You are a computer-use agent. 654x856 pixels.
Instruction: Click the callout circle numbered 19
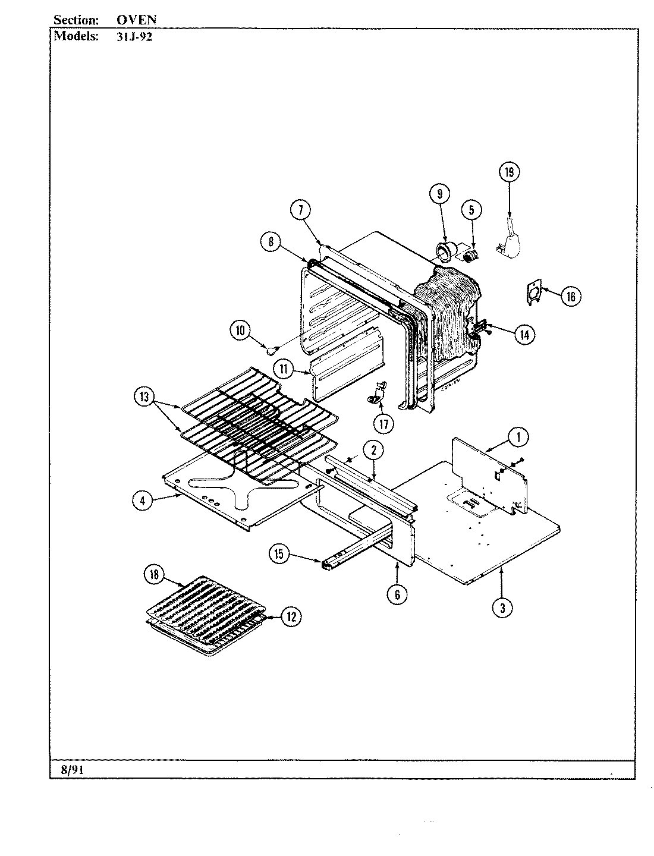pos(509,172)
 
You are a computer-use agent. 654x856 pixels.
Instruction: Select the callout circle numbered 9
pos(439,193)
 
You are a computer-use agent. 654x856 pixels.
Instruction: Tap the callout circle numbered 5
pos(471,209)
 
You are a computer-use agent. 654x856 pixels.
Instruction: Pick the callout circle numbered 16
pos(570,295)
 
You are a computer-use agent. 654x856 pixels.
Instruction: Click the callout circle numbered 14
pos(523,334)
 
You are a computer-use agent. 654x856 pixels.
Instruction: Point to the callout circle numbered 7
pos(301,209)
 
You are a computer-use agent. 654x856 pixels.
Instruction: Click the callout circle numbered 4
pos(143,501)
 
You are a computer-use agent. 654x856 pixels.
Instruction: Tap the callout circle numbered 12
pos(290,617)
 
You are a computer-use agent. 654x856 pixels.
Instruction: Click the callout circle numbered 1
pos(517,438)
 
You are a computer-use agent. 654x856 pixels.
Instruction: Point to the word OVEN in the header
pos(136,19)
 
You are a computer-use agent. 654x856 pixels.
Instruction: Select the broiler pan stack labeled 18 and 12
pos(205,616)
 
